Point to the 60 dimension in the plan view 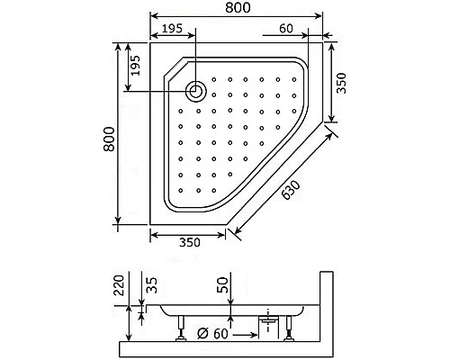(287, 29)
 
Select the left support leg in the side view (182, 328)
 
